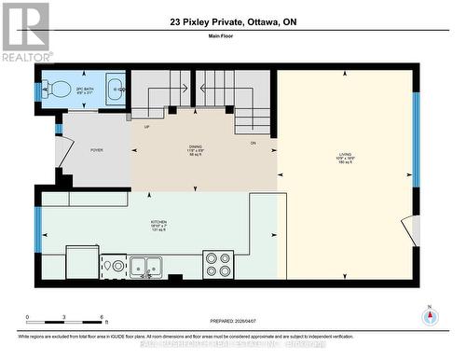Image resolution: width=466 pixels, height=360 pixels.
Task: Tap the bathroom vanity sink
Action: (114, 90)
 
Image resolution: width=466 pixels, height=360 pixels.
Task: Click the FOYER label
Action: (96, 149)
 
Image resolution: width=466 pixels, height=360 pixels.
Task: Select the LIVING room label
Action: (346, 157)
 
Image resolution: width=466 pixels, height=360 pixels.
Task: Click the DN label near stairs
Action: (253, 143)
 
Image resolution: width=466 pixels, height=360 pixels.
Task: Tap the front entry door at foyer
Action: (62, 149)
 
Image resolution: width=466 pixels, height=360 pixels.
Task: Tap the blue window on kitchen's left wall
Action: (38, 229)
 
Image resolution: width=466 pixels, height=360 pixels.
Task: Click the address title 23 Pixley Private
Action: (232, 21)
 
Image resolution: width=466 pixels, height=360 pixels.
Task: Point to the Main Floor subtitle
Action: (232, 38)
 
